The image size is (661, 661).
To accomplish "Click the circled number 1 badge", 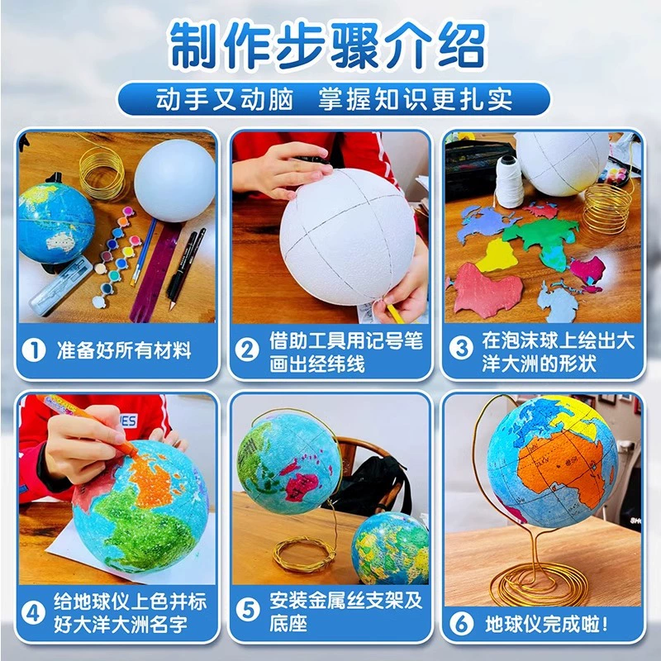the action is click(x=34, y=350).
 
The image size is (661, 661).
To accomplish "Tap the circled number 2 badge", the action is click(x=247, y=350).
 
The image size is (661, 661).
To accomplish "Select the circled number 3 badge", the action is click(x=461, y=350).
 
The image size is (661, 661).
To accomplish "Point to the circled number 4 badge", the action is click(x=33, y=613).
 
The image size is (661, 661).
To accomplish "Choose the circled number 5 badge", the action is click(x=247, y=610).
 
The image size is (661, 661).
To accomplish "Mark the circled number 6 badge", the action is click(x=462, y=624).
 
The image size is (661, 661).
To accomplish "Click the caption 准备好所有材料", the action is click(x=124, y=350).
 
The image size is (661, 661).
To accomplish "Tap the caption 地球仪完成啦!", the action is click(x=547, y=624).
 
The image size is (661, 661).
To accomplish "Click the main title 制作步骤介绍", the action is click(x=328, y=46).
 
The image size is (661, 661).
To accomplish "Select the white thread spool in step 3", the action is click(x=509, y=181).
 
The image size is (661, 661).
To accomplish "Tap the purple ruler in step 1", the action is click(x=156, y=270).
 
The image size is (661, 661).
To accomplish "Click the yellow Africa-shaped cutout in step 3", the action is click(x=497, y=256).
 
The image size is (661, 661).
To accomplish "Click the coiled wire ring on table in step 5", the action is click(x=303, y=554).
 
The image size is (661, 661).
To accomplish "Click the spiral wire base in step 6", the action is click(x=539, y=585).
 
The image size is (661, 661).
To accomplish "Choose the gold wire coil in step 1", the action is click(x=102, y=173).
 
